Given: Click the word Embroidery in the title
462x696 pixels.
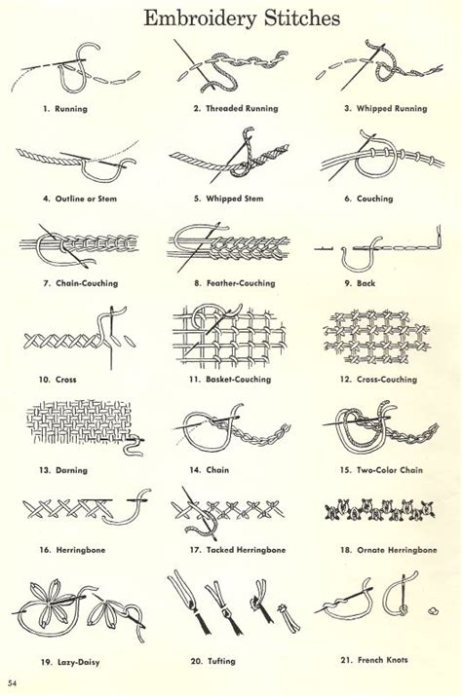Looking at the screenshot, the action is coord(200,19).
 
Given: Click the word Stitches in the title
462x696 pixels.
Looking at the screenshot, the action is coord(302,18).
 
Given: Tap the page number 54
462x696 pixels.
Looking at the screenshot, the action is coord(12,682).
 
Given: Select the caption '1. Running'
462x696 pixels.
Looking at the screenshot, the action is coord(65,109).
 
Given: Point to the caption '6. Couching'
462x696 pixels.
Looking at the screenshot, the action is coord(368,199).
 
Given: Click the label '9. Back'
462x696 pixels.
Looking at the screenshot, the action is coord(360,283).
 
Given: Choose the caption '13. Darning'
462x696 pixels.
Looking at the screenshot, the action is coord(63,470).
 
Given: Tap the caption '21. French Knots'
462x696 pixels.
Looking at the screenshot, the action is coord(374,660).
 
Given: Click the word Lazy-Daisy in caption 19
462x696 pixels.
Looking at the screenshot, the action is coord(79,662).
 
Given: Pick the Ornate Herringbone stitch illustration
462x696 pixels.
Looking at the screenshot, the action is coord(379,510).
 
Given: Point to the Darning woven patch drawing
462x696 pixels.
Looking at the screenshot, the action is coord(79,421).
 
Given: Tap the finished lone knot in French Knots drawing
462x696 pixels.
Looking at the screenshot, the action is coord(433,610).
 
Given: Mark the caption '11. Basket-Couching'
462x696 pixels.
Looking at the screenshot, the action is coord(230,380).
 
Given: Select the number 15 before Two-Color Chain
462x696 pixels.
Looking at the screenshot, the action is coord(345,470).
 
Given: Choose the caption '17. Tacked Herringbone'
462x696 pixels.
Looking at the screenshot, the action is coord(238,550).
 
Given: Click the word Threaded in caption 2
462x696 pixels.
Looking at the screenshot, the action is coord(223,108).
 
